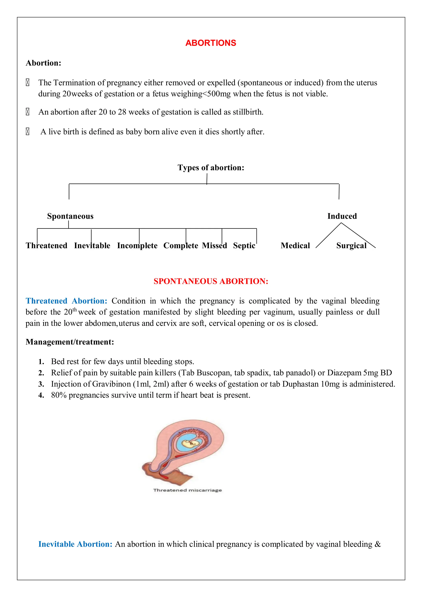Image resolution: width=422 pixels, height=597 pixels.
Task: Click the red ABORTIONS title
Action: pyautogui.click(x=211, y=43)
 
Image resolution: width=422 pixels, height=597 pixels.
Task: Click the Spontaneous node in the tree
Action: pyautogui.click(x=70, y=216)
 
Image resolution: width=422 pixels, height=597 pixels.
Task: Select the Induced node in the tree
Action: pyautogui.click(x=342, y=216)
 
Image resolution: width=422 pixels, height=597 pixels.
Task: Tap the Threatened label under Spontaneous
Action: pyautogui.click(x=47, y=246)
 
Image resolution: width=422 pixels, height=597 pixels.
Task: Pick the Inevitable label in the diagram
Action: pyautogui.click(x=92, y=246)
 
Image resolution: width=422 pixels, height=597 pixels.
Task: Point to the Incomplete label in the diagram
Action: pyautogui.click(x=137, y=246)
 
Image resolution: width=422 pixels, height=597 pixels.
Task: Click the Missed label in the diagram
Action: pyautogui.click(x=214, y=246)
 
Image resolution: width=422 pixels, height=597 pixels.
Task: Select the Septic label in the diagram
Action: pyautogui.click(x=244, y=246)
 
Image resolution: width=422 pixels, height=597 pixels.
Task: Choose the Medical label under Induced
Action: pyautogui.click(x=295, y=246)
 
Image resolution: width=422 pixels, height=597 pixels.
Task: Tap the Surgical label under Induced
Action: pyautogui.click(x=351, y=246)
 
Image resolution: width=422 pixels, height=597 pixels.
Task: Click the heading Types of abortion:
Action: pyautogui.click(x=211, y=167)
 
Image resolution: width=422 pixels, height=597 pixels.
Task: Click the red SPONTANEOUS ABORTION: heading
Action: pyautogui.click(x=211, y=281)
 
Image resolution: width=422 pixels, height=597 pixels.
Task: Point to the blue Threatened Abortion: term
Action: pyautogui.click(x=66, y=301)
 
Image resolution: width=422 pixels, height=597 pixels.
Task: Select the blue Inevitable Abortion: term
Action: pyautogui.click(x=75, y=544)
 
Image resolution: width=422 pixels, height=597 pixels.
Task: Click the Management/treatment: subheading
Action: pyautogui.click(x=70, y=342)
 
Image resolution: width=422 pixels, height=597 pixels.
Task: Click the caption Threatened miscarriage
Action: pyautogui.click(x=187, y=490)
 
